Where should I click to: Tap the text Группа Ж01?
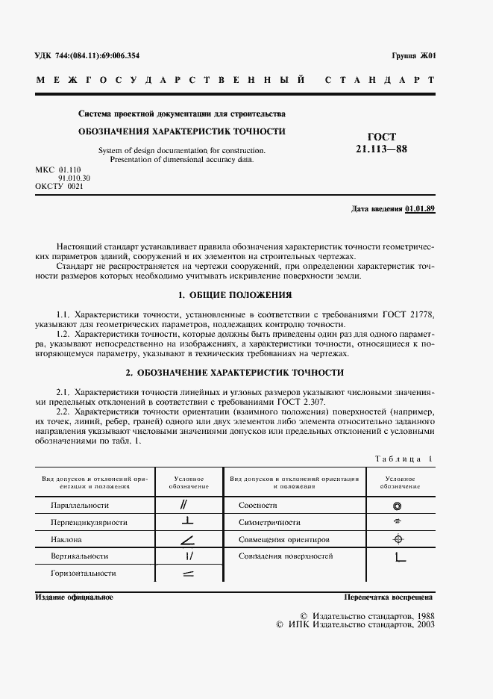[x=413, y=56]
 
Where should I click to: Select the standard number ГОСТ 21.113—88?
[x=382, y=143]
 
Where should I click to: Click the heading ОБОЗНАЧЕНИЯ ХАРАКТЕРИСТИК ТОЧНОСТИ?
[x=182, y=131]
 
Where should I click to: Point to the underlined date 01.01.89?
[x=420, y=208]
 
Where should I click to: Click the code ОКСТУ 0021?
[x=59, y=186]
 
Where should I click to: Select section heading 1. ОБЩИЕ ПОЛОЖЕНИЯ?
[x=234, y=295]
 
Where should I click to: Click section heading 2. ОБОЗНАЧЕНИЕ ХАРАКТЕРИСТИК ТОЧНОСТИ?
[x=234, y=372]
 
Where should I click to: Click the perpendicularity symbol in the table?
[x=188, y=522]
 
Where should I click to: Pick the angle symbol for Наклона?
[x=188, y=539]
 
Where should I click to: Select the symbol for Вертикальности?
[x=188, y=556]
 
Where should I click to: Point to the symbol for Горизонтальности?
[x=188, y=574]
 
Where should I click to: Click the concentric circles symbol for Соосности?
[x=398, y=506]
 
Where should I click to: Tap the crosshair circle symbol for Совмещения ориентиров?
[x=398, y=539]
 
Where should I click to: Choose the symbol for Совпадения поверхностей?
[x=398, y=557]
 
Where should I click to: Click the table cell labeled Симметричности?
[x=269, y=523]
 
